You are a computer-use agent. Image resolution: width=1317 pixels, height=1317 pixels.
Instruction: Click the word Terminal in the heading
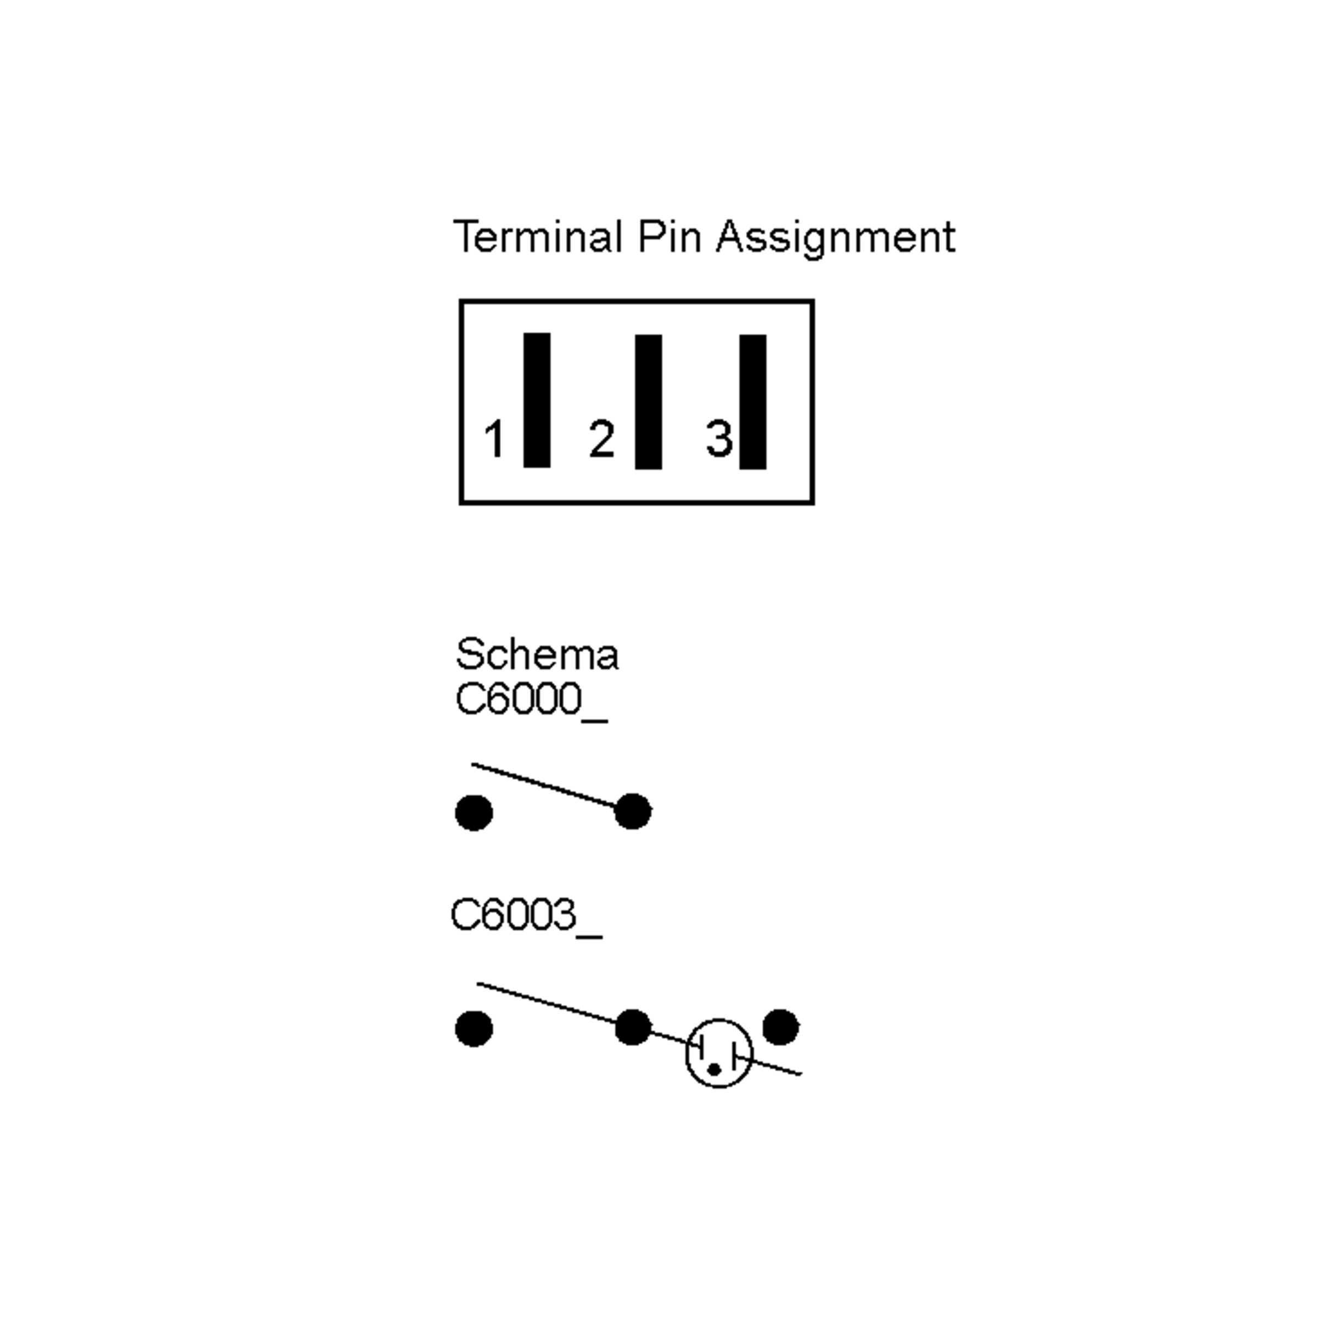point(538,237)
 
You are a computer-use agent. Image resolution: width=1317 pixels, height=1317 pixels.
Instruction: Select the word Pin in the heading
point(669,237)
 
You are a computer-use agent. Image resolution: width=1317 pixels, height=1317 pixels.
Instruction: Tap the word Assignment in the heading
point(836,238)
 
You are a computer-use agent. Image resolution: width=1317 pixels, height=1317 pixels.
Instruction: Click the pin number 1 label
point(494,439)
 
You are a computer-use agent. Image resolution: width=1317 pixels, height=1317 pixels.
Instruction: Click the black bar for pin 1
point(537,400)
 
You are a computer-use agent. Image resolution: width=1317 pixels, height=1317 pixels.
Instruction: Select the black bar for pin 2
point(648,402)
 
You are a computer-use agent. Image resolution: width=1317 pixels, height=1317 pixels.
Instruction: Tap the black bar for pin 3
point(752,402)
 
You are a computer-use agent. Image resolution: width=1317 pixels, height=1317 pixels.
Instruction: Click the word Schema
point(537,655)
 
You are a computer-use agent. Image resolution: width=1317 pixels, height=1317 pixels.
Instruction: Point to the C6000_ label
point(531,700)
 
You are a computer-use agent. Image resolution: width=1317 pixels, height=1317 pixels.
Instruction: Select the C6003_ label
point(526,915)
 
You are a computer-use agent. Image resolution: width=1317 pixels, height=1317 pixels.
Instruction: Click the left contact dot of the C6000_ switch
point(474,813)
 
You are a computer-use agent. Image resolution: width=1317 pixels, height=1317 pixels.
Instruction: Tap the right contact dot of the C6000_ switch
point(633,811)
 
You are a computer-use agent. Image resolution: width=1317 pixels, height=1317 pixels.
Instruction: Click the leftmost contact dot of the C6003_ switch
point(474,1029)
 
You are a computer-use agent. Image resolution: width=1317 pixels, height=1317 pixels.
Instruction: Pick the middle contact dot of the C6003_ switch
point(633,1027)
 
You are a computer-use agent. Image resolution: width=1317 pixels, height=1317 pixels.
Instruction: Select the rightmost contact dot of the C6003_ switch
point(780,1027)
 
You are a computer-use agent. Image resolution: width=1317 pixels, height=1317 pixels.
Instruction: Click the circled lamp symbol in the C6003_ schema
point(719,1053)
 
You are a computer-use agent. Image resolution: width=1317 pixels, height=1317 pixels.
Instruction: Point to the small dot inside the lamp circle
point(714,1070)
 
